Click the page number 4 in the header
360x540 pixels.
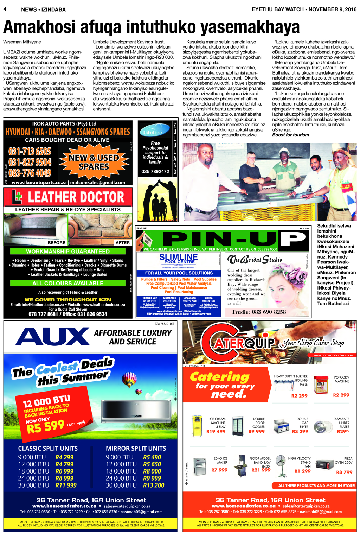5,9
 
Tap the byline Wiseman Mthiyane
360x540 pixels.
22,42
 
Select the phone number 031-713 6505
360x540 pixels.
30,152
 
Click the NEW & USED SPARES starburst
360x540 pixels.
94,162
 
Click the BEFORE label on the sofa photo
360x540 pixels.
57,243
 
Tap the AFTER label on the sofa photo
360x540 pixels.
122,243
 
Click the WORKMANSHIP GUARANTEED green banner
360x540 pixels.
68,252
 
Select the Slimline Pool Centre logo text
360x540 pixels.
179,259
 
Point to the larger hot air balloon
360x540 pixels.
129,380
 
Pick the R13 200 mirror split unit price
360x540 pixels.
154,485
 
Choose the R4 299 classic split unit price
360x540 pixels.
64,457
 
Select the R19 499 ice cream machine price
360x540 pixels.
216,431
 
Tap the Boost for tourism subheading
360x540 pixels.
291,135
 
